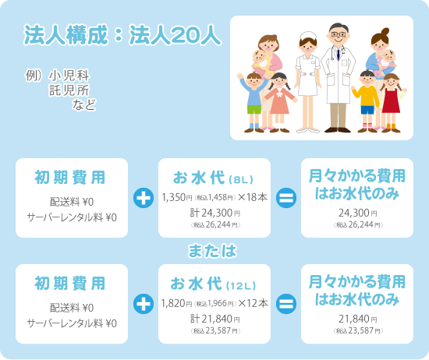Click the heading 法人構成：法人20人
(x=122, y=35)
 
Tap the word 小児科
(x=69, y=76)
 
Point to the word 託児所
(x=69, y=90)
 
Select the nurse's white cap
(x=308, y=37)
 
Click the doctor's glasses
(x=339, y=34)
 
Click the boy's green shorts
(x=254, y=109)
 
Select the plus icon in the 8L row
(x=144, y=198)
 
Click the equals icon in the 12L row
(x=286, y=304)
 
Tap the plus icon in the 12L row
(x=144, y=304)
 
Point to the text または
(x=212, y=251)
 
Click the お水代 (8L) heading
(x=213, y=178)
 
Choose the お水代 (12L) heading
(x=213, y=284)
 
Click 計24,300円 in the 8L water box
(x=215, y=213)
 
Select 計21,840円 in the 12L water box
(x=215, y=319)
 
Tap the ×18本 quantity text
(x=253, y=197)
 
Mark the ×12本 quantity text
(x=253, y=303)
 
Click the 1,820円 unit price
(x=176, y=303)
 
